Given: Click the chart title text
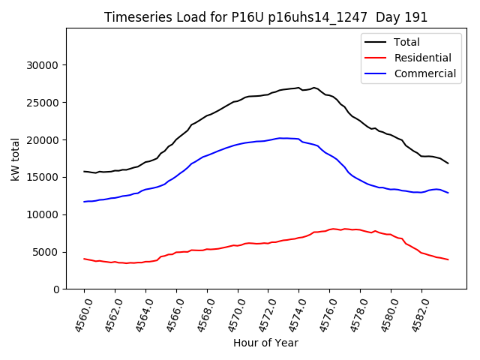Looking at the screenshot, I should tap(265, 17).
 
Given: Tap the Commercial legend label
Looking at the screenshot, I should tap(424, 73).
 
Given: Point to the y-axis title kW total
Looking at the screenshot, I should tap(16, 158).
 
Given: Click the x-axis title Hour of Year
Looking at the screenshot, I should tap(265, 343).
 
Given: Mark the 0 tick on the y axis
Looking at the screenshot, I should tap(56, 289).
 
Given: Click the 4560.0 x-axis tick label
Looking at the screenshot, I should tap(78, 313).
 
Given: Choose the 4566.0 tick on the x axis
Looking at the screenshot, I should tap(170, 313).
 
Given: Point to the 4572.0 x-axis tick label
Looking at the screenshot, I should tap(262, 313).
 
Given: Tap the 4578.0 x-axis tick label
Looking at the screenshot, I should tap(354, 313).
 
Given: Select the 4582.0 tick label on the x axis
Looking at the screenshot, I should tap(415, 313).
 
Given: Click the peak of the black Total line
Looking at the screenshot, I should tap(298, 88).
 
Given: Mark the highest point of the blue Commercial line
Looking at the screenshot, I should tap(281, 138).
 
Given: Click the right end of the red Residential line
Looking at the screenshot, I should tap(448, 259).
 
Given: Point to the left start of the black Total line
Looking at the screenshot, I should tap(84, 172).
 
